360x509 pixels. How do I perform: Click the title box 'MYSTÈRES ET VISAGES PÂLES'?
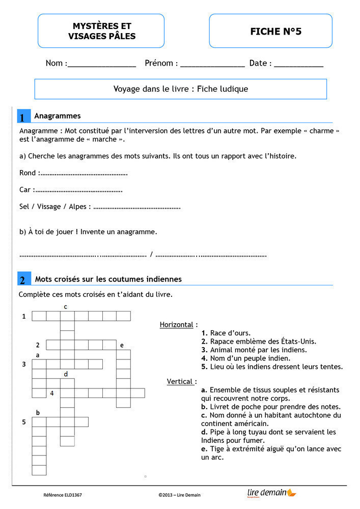(x=101, y=31)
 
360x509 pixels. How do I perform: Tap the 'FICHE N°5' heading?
(x=275, y=32)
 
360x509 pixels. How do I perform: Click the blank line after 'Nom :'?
(x=102, y=65)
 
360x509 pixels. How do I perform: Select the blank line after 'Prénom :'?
(x=212, y=65)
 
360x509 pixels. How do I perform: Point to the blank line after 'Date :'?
(x=298, y=65)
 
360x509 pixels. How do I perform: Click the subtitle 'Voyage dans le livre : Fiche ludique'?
(x=181, y=89)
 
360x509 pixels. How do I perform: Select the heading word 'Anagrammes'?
(x=58, y=116)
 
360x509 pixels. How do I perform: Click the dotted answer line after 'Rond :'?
(x=83, y=174)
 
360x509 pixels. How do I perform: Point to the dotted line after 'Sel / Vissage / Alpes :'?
(x=137, y=207)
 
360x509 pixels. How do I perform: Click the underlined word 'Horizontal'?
(x=177, y=325)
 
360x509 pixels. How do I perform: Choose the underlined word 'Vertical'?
(x=180, y=381)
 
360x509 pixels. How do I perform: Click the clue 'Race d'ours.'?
(x=230, y=333)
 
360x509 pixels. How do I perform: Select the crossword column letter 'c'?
(x=66, y=306)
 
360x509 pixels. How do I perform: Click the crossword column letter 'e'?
(x=122, y=345)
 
